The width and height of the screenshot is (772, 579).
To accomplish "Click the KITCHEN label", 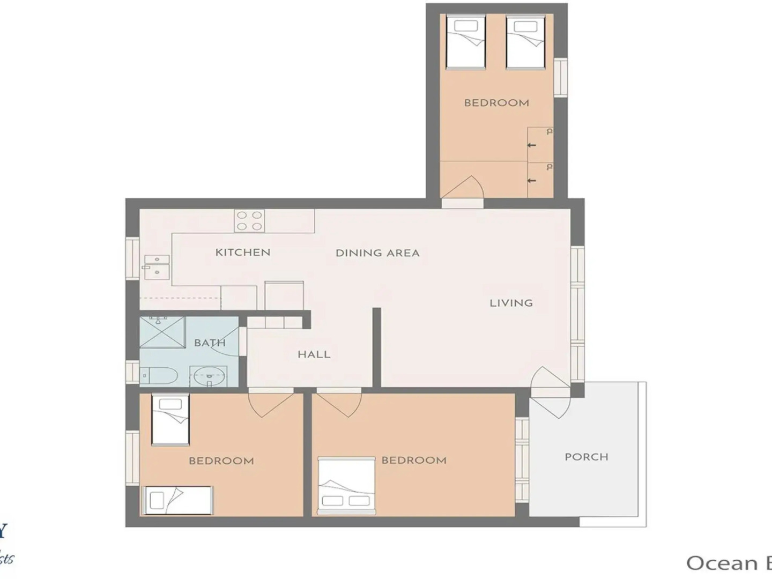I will (243, 253).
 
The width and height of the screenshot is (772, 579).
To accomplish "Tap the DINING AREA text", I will (377, 253).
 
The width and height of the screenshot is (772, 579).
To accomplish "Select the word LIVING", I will (511, 303).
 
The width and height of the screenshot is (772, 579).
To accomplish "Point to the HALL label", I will (314, 354).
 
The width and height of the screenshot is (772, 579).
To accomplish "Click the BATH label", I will (210, 343).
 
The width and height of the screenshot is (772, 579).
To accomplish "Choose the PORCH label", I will (587, 457).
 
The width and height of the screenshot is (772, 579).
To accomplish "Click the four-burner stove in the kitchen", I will (249, 221).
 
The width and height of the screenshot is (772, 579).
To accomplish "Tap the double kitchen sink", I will (157, 266).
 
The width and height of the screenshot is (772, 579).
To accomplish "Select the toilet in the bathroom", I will (159, 376).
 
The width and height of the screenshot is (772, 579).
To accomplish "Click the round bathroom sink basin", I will (209, 376).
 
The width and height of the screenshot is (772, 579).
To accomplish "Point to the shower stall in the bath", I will (162, 332).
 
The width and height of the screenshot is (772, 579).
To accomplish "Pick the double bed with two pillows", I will (346, 486).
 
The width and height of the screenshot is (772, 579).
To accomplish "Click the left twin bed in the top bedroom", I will (465, 42).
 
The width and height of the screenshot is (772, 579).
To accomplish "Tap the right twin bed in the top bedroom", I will (525, 42).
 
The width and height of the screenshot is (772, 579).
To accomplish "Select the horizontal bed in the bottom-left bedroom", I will (177, 500).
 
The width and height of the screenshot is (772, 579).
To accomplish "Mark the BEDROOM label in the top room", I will (496, 103).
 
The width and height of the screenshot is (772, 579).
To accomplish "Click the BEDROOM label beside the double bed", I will (414, 461).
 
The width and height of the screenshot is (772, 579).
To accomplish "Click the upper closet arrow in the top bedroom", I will (531, 145).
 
